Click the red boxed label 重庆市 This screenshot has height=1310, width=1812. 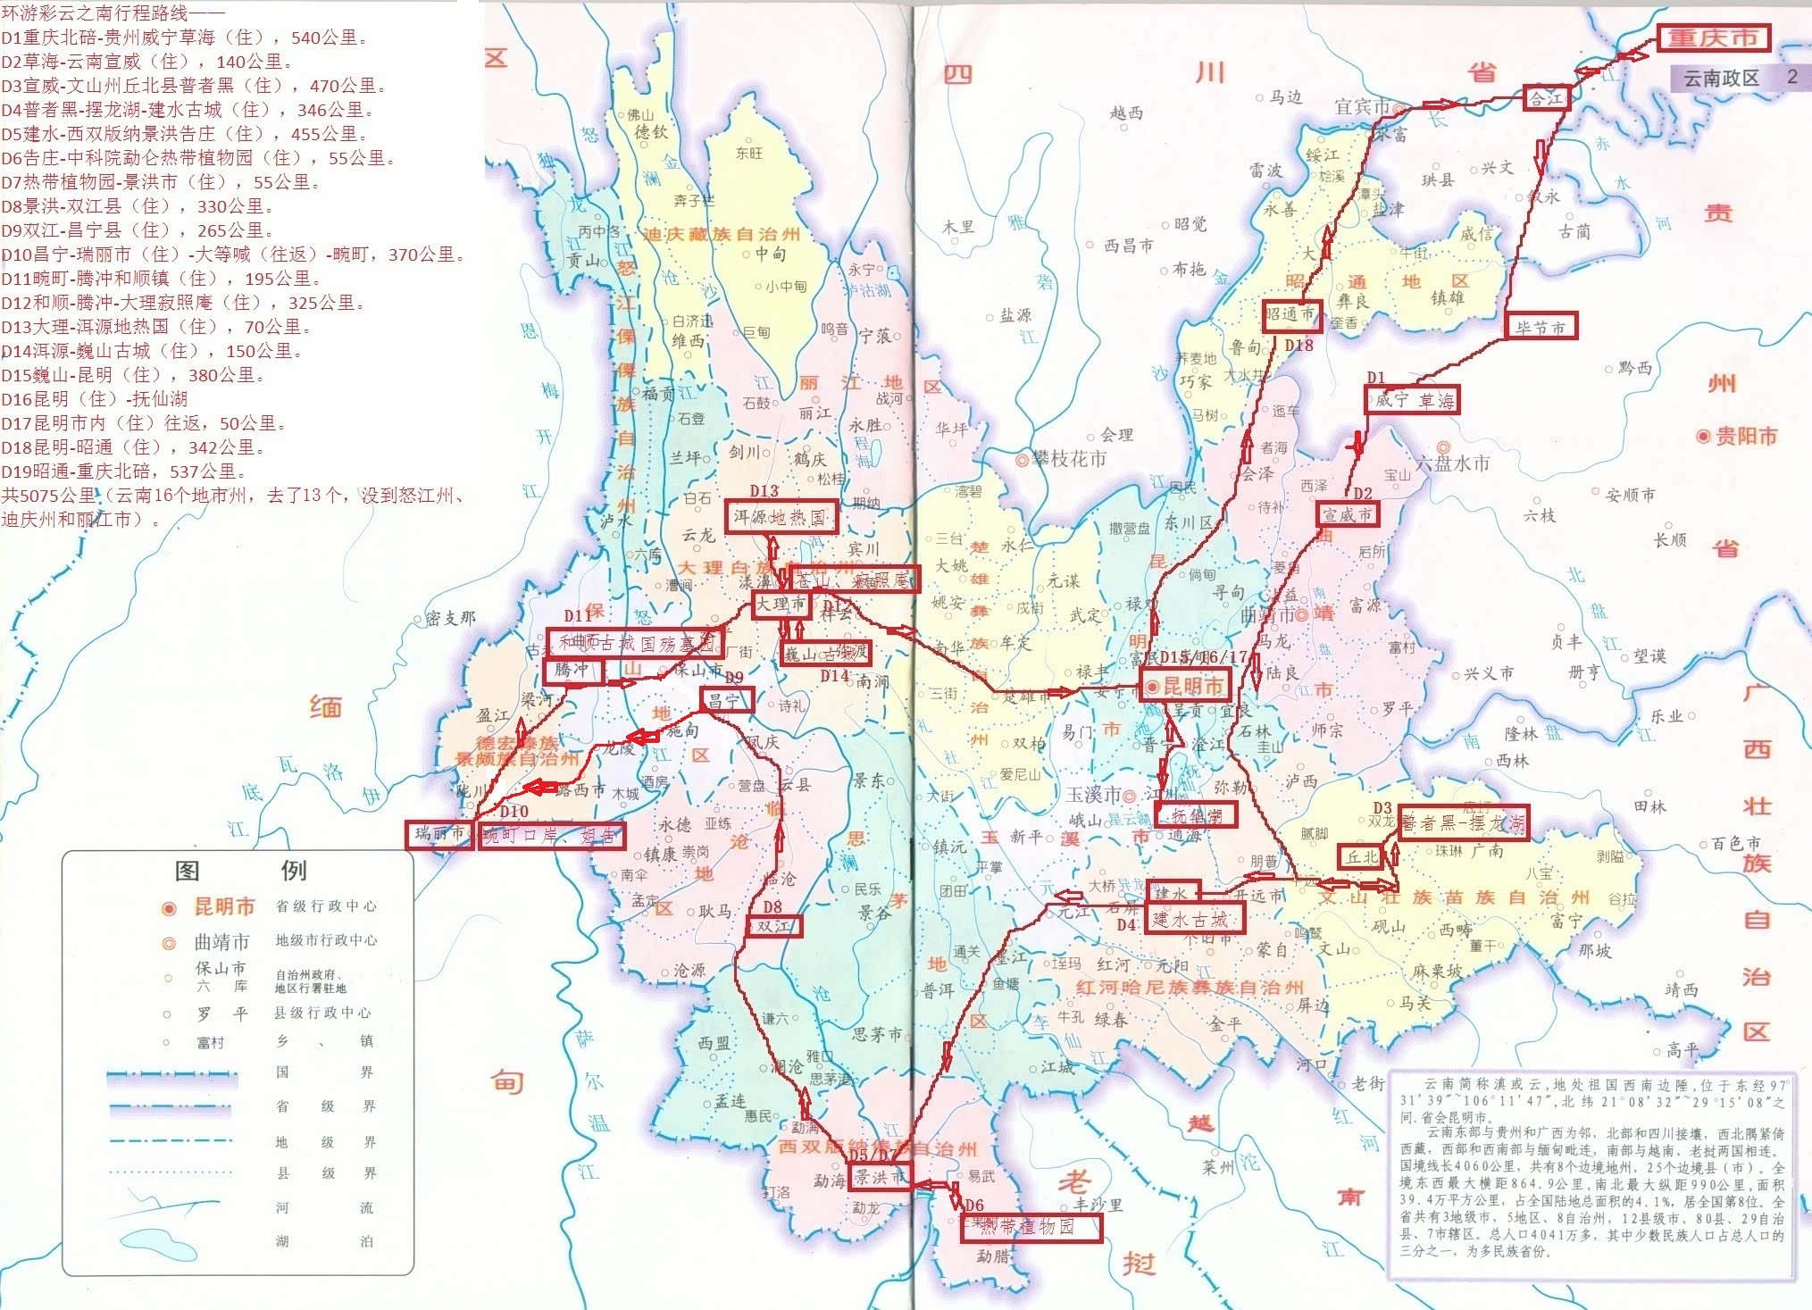click(x=1713, y=38)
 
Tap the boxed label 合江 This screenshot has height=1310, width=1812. click(x=1547, y=98)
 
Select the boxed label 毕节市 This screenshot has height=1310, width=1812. click(x=1541, y=326)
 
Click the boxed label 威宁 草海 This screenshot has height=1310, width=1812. click(x=1413, y=399)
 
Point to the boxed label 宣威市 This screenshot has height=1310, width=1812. click(x=1348, y=513)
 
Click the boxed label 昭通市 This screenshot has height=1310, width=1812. click(x=1290, y=313)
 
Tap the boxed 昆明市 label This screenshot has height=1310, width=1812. click(x=1186, y=685)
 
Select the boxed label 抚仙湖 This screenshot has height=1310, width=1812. click(x=1196, y=814)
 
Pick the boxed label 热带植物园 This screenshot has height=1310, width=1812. click(x=1031, y=1228)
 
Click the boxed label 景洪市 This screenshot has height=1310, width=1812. click(x=880, y=1176)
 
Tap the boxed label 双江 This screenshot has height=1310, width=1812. click(x=773, y=925)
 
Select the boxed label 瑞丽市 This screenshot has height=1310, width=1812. click(x=438, y=833)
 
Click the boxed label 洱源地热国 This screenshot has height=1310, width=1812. click(x=780, y=516)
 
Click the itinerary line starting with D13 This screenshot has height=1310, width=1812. click(x=156, y=326)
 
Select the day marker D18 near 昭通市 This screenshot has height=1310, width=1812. click(x=1298, y=345)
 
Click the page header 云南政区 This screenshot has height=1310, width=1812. click(x=1721, y=78)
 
